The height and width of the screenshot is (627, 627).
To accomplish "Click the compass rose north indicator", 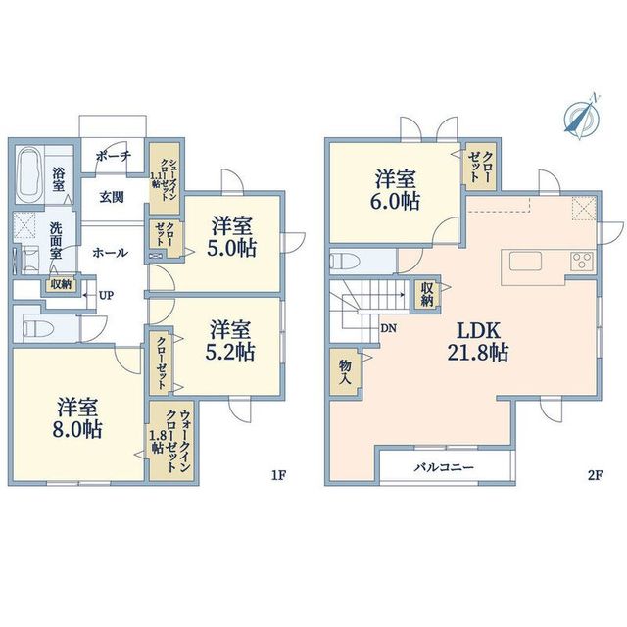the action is (x=581, y=116).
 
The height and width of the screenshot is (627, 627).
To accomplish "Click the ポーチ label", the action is (x=114, y=156).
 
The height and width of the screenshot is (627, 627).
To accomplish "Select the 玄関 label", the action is (x=112, y=197).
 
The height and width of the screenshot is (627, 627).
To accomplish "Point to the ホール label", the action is (x=111, y=253).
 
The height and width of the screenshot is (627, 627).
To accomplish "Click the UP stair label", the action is (x=107, y=296).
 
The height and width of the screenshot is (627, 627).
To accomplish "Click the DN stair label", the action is (x=388, y=329).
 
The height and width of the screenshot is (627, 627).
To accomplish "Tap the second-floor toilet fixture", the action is (x=345, y=262).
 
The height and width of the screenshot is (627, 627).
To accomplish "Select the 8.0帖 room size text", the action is (x=77, y=430).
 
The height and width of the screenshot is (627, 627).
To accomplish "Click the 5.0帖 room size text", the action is (x=231, y=248).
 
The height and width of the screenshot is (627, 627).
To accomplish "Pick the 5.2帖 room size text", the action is (x=230, y=352).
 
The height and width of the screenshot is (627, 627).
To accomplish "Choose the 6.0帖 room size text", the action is (x=395, y=202).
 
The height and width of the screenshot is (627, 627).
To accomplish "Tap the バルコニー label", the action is (x=444, y=467).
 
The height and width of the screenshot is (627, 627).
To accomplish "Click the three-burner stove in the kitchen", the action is (x=582, y=262).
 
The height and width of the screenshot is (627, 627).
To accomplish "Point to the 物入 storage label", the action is (x=345, y=372).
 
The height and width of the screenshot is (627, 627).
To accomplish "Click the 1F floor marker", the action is (x=278, y=475).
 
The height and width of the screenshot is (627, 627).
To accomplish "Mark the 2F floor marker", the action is (x=595, y=475).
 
